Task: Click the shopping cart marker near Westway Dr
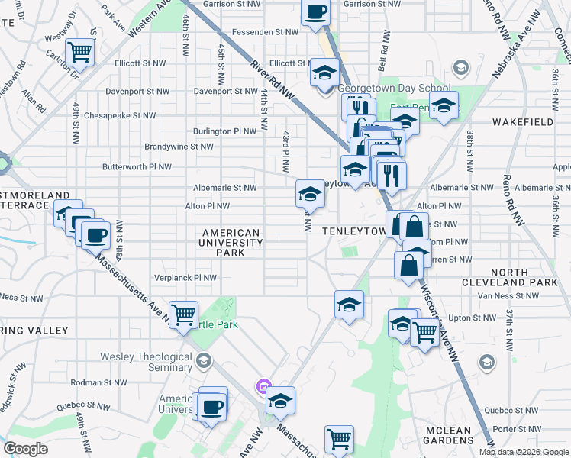(79, 52)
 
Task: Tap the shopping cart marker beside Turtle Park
(183, 314)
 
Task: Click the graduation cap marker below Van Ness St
(349, 304)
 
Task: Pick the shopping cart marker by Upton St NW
(424, 331)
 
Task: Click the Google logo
(26, 448)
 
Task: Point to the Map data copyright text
(524, 452)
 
